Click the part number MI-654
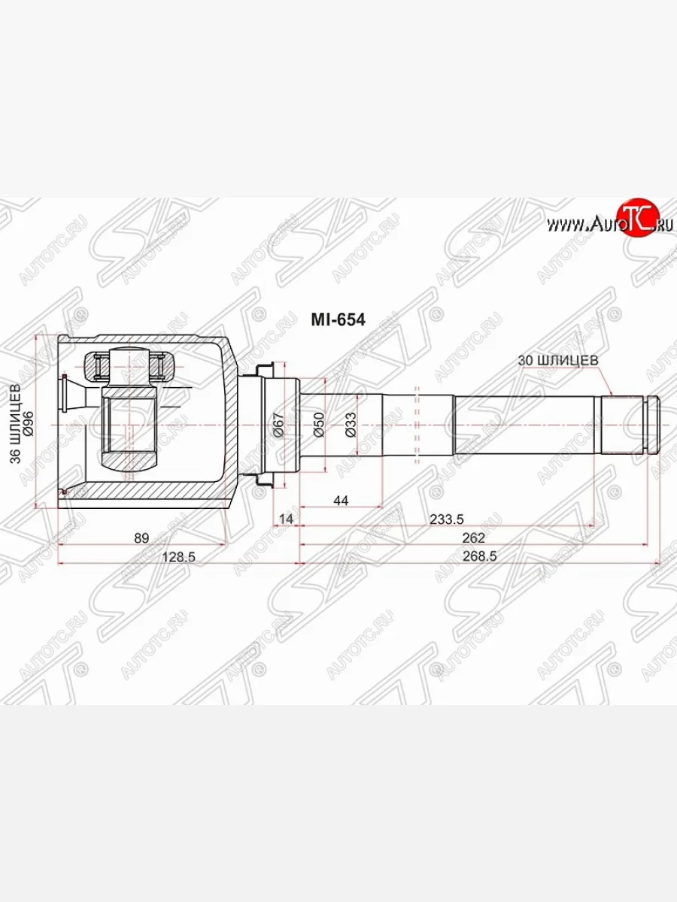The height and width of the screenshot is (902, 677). (338, 320)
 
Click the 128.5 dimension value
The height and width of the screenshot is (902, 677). (179, 556)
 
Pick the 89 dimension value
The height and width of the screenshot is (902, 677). (141, 537)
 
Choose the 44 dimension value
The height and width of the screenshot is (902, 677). (341, 501)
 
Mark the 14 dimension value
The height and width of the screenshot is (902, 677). (285, 519)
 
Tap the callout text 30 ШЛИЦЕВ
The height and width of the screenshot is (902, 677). (558, 360)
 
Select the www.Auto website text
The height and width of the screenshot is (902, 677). (581, 224)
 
